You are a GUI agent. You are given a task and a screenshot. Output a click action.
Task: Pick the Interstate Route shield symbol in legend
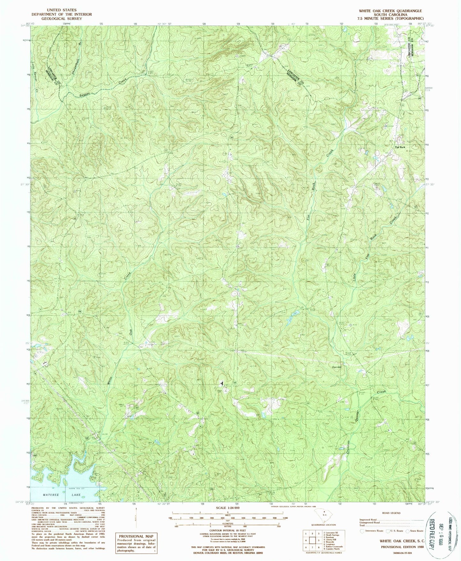[362, 531]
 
